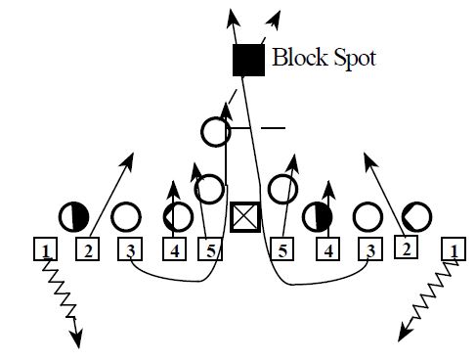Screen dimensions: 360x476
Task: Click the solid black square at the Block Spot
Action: point(248,60)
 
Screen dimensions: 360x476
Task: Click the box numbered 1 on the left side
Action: point(45,250)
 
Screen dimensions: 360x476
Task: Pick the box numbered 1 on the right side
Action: point(453,251)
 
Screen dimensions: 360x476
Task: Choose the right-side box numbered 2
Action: point(406,248)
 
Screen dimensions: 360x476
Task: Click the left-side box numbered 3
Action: point(131,251)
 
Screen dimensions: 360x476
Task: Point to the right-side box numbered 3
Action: point(368,251)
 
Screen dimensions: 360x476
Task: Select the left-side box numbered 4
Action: point(174,251)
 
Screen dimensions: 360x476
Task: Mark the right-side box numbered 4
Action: point(328,251)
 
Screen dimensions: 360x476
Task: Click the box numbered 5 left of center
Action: point(211,251)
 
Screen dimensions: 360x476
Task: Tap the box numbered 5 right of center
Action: point(281,251)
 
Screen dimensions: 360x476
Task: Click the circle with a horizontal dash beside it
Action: point(216,130)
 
